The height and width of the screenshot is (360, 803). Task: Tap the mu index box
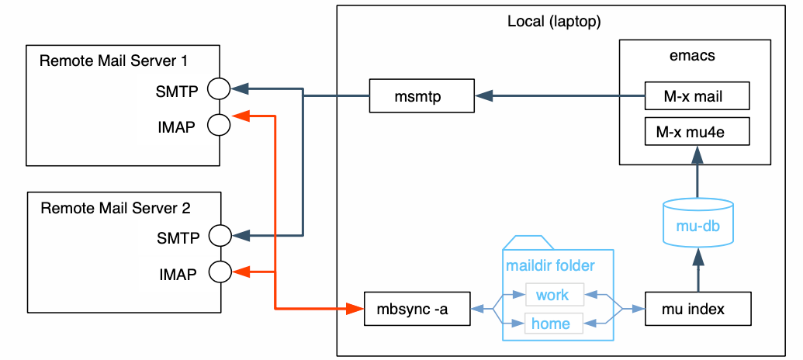697,310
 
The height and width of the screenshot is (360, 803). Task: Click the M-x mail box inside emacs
697,97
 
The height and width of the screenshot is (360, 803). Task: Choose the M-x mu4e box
697,132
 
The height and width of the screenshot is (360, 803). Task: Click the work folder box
552,295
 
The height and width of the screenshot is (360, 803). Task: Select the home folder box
552,324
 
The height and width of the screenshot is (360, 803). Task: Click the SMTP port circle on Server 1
220,88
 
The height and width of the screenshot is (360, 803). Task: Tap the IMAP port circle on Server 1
220,125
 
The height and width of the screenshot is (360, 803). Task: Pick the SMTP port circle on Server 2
220,235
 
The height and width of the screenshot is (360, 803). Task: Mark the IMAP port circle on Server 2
220,272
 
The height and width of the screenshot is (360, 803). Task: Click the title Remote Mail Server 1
114,61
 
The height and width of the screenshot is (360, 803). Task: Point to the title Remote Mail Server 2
115,207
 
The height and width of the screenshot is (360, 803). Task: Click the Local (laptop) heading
554,21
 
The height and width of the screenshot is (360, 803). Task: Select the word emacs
691,56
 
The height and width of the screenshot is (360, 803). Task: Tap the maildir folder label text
550,266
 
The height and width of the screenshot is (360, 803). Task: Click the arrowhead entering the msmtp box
484,96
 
